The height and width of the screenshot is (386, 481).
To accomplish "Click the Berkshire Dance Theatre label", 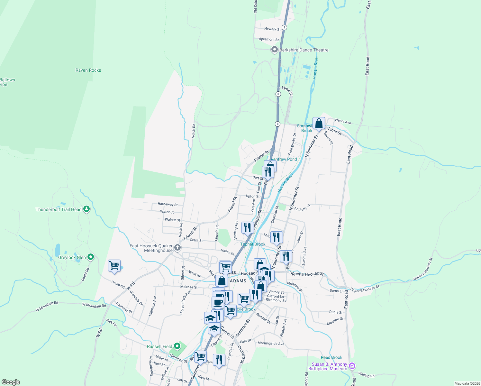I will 304,50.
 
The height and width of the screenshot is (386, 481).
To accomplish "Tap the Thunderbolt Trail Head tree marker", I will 86,209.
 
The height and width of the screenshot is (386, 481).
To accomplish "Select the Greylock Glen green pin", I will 91,257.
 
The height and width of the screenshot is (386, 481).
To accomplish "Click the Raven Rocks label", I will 88,70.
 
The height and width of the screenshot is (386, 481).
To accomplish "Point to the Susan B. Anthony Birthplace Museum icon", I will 352,366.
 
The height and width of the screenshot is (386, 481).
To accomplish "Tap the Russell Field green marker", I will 177,346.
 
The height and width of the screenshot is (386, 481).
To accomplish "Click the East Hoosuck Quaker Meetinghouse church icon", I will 177,248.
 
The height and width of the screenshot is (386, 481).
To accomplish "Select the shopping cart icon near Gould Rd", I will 114,266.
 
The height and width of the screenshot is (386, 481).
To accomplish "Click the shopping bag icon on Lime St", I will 319,124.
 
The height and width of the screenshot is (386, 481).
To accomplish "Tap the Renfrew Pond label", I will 284,159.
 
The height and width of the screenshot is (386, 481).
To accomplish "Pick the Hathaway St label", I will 168,204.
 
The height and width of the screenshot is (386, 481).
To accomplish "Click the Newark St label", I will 272,29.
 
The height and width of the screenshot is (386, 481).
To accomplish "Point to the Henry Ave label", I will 343,122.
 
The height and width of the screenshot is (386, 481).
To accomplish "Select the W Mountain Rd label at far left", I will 47,307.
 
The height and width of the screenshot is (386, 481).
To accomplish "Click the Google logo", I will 11,382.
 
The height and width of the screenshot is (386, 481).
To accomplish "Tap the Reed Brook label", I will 331,357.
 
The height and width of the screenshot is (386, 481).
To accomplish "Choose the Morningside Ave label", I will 271,344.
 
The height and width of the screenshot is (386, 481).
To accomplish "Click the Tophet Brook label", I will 253,244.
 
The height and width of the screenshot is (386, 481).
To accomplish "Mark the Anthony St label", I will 302,208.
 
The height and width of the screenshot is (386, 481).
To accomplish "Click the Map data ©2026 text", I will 466,383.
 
